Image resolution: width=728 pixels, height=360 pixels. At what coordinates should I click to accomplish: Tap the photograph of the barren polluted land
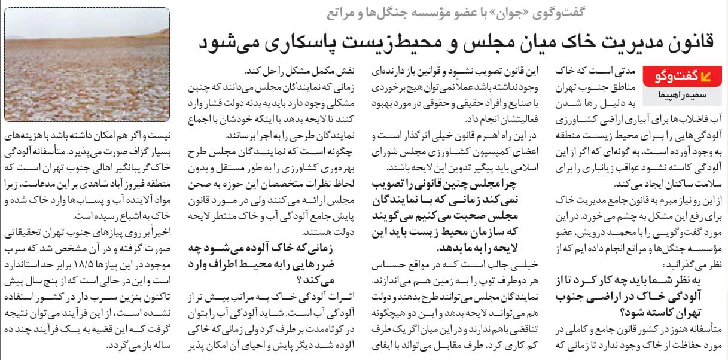point(87,64)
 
